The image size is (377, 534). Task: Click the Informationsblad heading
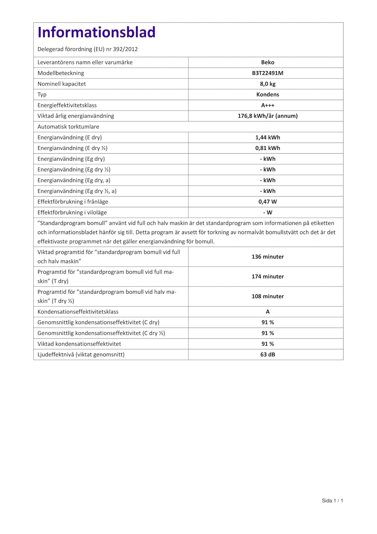pos(96,32)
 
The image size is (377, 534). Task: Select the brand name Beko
pos(267,62)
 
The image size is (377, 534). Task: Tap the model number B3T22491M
pos(267,73)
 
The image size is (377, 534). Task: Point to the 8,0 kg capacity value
pos(267,84)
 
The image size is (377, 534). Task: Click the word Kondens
pos(267,94)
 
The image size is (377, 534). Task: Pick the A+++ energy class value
pos(267,105)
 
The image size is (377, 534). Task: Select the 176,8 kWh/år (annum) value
pos(267,116)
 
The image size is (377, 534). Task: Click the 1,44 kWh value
pos(267,137)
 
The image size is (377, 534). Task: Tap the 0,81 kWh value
pos(267,148)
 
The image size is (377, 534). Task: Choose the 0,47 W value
pos(267,202)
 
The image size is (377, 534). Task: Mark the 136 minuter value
pos(267,257)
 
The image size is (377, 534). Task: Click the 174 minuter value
pos(267,276)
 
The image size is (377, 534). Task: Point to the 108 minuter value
pos(267,296)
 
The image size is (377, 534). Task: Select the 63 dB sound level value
pos(267,355)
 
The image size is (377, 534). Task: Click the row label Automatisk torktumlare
pos(68,127)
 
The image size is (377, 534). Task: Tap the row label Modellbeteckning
pos(61,73)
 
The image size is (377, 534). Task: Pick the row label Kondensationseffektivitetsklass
pos(78,312)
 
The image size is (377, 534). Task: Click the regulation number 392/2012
pos(125,49)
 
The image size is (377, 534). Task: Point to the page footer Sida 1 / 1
pos(332,501)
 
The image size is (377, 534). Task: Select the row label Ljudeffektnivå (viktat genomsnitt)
pos(81,355)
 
